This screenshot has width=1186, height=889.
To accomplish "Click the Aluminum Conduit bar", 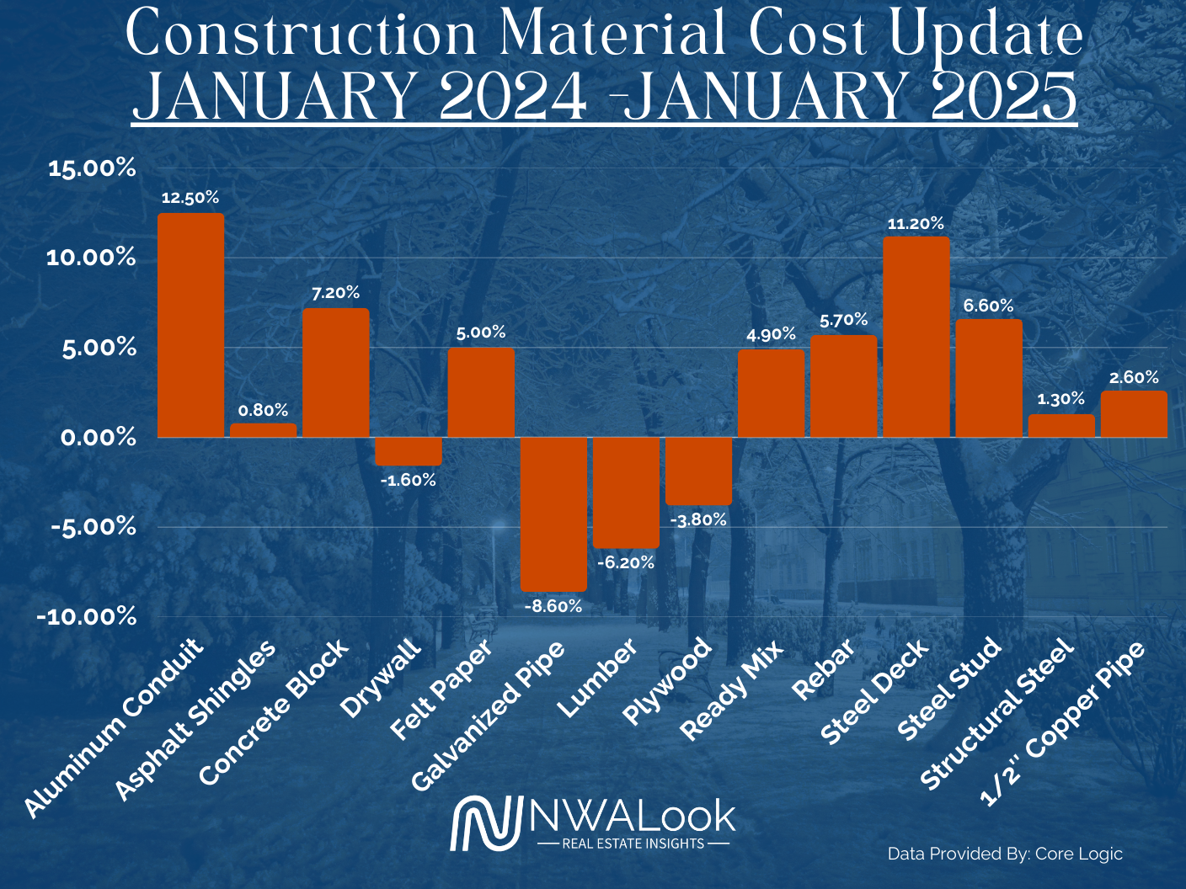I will coord(191,325).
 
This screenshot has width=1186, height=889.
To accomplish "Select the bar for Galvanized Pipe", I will coord(553,514).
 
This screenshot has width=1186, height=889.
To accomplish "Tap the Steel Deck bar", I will coord(916,337).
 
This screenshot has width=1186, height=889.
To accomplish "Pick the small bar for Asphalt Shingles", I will coord(264,430).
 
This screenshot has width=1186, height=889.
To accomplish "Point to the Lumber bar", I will coord(626,492).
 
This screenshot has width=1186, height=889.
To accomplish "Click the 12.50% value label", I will coord(190,198).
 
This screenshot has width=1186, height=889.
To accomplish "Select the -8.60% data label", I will coord(553,606).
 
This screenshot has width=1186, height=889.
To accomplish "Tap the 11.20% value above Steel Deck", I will coord(916,224).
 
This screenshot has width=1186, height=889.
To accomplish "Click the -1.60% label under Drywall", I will coord(408,481).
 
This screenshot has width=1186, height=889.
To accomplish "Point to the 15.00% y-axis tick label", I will coord(92,168).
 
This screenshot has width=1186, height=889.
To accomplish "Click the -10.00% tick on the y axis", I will coord(87,617).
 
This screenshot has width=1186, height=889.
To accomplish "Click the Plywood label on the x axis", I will coord(669,681).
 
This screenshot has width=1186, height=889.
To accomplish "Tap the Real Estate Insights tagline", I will coord(633,843).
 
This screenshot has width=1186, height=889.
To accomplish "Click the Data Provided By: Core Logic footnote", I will coord(1005,854).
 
